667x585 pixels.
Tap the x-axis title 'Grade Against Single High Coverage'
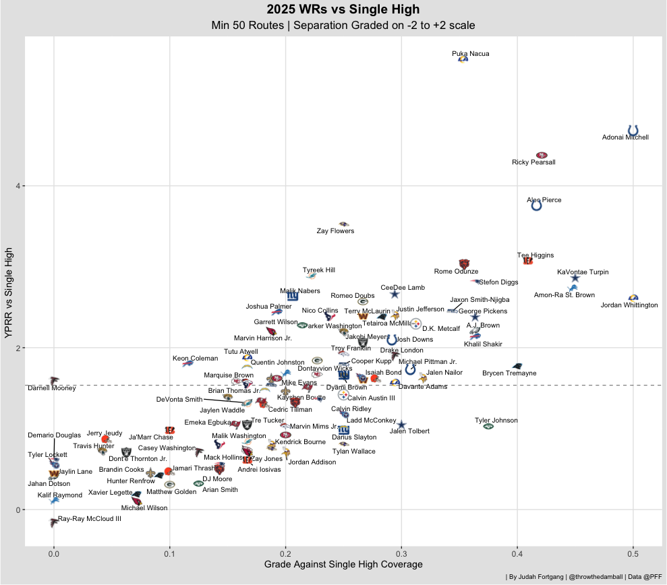343,564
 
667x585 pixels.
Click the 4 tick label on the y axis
18,186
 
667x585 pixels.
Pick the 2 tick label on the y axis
18,348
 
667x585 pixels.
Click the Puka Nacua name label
470,53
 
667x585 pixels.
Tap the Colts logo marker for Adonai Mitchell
633,130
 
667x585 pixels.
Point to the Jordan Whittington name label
629,305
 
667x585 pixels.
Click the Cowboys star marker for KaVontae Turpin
575,278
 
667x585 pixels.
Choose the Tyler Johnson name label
496,421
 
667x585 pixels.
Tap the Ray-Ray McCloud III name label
90,519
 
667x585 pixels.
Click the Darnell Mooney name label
51,388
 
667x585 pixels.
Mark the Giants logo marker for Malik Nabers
293,296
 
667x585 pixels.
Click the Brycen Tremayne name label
509,373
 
